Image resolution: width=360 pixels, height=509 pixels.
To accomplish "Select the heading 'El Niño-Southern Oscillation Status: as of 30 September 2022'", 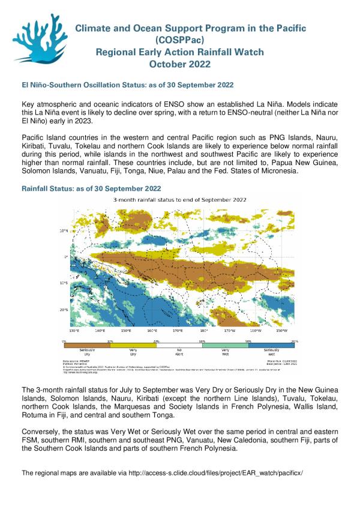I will point(128,85).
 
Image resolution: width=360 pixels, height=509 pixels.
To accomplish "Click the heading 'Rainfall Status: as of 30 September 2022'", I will point(91,188).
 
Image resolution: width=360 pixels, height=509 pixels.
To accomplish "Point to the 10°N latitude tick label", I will point(63,230).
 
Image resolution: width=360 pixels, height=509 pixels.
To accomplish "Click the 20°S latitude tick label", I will point(63,310).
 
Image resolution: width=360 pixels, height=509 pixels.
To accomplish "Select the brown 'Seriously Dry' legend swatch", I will point(88,345).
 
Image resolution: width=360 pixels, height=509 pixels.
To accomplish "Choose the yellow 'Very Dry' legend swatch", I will point(133,345).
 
